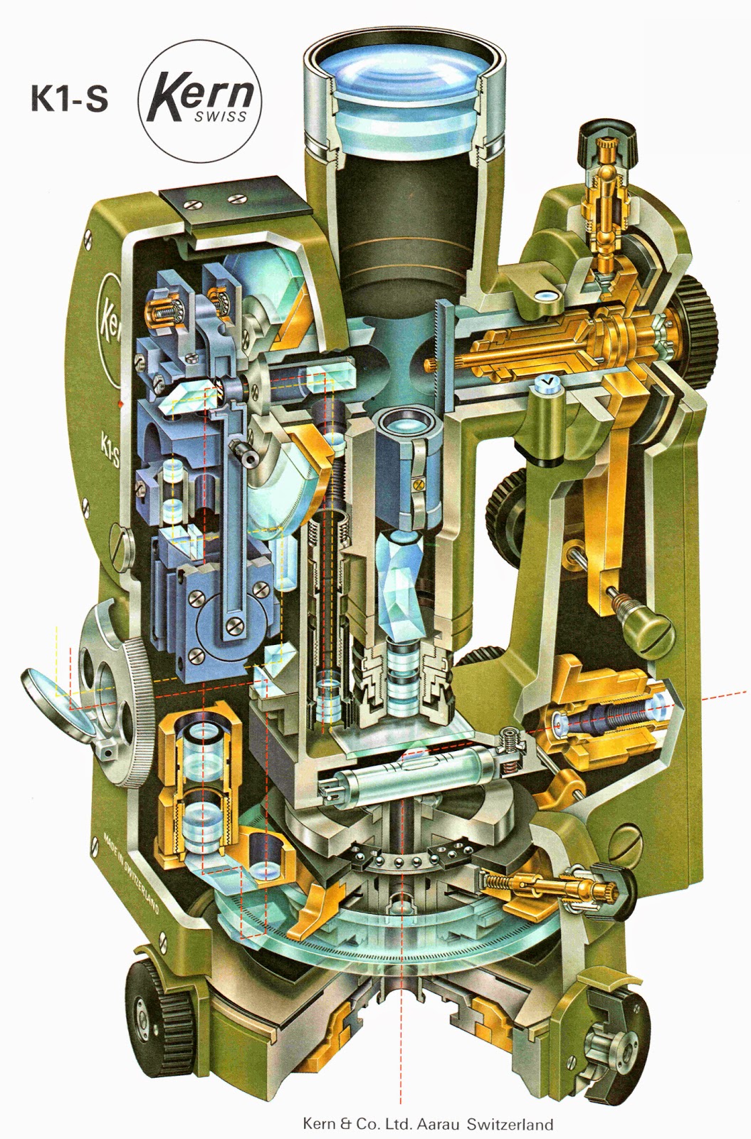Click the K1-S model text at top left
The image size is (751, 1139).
69,100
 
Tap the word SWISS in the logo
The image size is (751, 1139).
220,116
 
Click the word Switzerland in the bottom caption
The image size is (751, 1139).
510,1123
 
